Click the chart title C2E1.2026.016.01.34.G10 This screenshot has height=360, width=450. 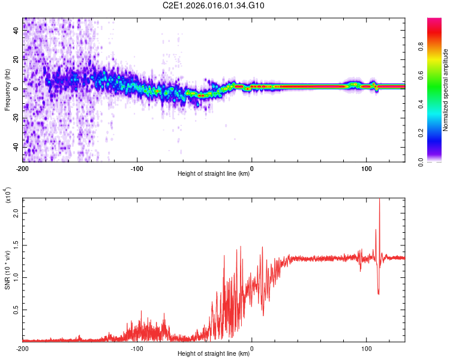point(225,5)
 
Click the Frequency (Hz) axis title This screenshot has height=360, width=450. point(7,89)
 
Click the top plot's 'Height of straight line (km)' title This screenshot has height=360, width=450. point(214,175)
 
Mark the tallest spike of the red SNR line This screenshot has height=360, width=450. point(379,200)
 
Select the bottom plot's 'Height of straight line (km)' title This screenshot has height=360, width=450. point(214,354)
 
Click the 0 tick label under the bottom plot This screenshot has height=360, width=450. point(252,349)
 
